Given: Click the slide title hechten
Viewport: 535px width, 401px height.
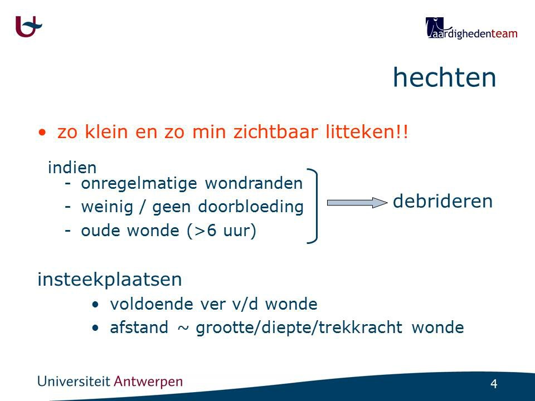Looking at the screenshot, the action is pos(444,77).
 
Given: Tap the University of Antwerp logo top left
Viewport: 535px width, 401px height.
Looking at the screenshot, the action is pos(28,27).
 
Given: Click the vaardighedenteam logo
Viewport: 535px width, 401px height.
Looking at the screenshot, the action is pos(471,28).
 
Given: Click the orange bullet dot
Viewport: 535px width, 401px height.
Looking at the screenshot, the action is pos(42,133).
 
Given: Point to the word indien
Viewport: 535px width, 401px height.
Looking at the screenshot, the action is pos(72,168).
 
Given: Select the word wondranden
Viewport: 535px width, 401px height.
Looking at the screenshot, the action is pos(254,183).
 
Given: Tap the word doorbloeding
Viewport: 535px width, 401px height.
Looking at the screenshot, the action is pos(251,207).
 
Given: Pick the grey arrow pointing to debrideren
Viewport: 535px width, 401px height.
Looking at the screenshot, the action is pos(357,203).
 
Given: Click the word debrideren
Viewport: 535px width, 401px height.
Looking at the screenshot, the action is pos(442,201).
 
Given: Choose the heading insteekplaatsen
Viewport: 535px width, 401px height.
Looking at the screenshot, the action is pos(110,280).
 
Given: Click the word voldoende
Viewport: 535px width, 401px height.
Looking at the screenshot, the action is pos(152,304).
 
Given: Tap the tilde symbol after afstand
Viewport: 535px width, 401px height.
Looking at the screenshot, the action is pos(183,328).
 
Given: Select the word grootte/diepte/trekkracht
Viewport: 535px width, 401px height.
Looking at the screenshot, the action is pos(299,328).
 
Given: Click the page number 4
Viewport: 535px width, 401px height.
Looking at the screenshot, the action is pos(494,384).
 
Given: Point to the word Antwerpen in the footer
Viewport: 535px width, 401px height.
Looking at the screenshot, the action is pos(148,382).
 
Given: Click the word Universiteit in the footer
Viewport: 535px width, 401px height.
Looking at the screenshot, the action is pos(74,381).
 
